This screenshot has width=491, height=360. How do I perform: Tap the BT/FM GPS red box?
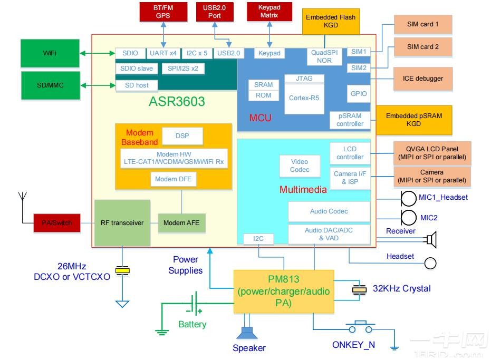pyautogui.click(x=163, y=12)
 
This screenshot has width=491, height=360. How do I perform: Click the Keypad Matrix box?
pyautogui.click(x=269, y=12)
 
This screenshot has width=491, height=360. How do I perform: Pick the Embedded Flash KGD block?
pyautogui.click(x=331, y=21)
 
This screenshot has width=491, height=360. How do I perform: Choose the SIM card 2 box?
pyautogui.click(x=422, y=46)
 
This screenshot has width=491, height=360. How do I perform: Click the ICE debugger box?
pyautogui.click(x=422, y=79)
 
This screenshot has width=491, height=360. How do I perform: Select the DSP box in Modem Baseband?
pyautogui.click(x=182, y=136)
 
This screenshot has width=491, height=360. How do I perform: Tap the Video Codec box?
pyautogui.click(x=299, y=166)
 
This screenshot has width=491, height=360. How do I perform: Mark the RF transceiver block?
pyautogui.click(x=122, y=223)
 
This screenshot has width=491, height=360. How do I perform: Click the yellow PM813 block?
pyautogui.click(x=284, y=291)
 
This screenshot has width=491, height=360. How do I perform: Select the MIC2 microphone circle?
pyautogui.click(x=408, y=217)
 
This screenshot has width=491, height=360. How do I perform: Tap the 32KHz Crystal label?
pyautogui.click(x=401, y=289)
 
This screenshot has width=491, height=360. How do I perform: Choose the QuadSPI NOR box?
pyautogui.click(x=324, y=56)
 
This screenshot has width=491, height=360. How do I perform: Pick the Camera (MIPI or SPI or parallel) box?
pyautogui.click(x=432, y=177)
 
